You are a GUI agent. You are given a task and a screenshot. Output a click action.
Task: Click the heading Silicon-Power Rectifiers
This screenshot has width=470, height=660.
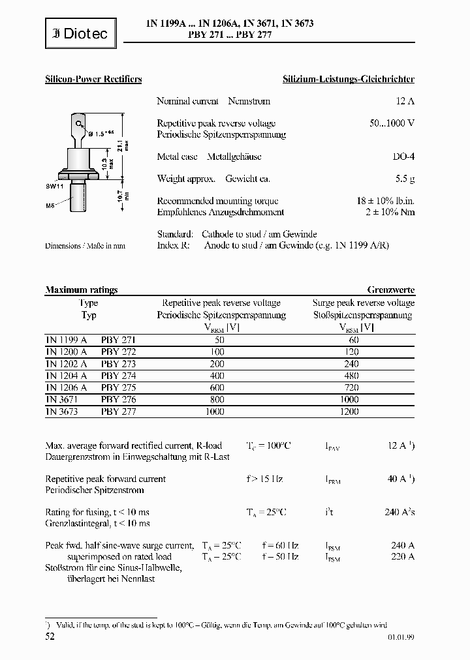pyautogui.click(x=93, y=79)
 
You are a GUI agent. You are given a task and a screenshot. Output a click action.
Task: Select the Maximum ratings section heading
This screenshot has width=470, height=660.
pyautogui.click(x=81, y=290)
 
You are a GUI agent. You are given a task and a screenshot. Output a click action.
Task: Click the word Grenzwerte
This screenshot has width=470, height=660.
pyautogui.click(x=390, y=290)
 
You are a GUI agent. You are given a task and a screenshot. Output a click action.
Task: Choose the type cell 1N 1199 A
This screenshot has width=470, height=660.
pyautogui.click(x=66, y=340)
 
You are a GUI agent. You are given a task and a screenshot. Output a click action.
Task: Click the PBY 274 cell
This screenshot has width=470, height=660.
pyautogui.click(x=118, y=376)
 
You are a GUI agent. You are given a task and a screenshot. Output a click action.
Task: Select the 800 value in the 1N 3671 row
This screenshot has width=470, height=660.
pyautogui.click(x=217, y=399)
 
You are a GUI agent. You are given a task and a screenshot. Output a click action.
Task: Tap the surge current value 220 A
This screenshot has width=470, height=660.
pyautogui.click(x=401, y=556)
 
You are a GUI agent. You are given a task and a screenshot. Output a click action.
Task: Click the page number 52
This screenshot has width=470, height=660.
pyautogui.click(x=50, y=636)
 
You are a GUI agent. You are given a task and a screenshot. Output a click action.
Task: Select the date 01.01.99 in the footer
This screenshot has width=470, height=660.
pyautogui.click(x=399, y=638)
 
